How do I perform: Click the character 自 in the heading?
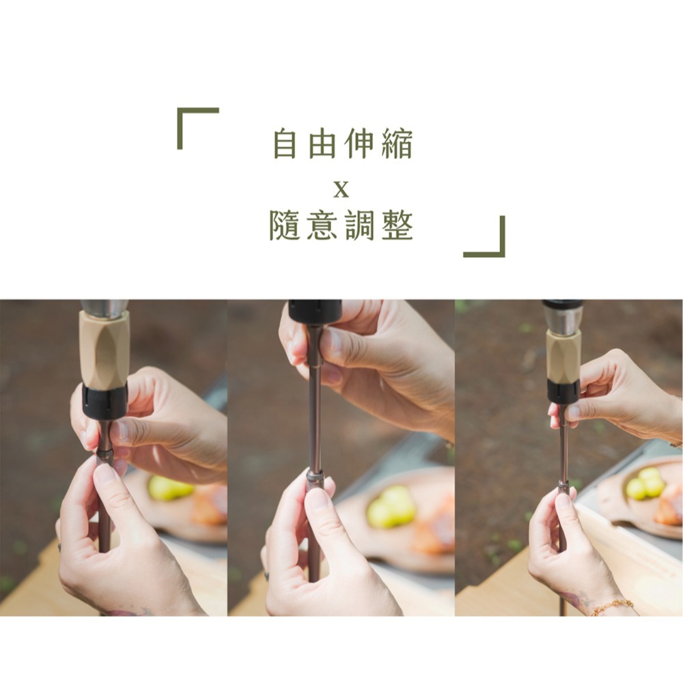pos(285,144)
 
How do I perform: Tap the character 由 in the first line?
pos(322,144)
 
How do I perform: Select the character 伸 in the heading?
pos(359,144)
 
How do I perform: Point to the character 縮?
pos(397,144)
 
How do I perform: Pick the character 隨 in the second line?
pos(285,226)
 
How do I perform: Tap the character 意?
pos(322,226)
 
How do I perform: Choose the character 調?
pos(359,226)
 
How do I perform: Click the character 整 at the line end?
pos(397,226)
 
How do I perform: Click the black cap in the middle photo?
pos(315,311)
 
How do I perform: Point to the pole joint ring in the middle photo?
pos(315,475)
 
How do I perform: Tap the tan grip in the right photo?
pos(563,355)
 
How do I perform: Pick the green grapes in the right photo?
pos(645,484)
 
